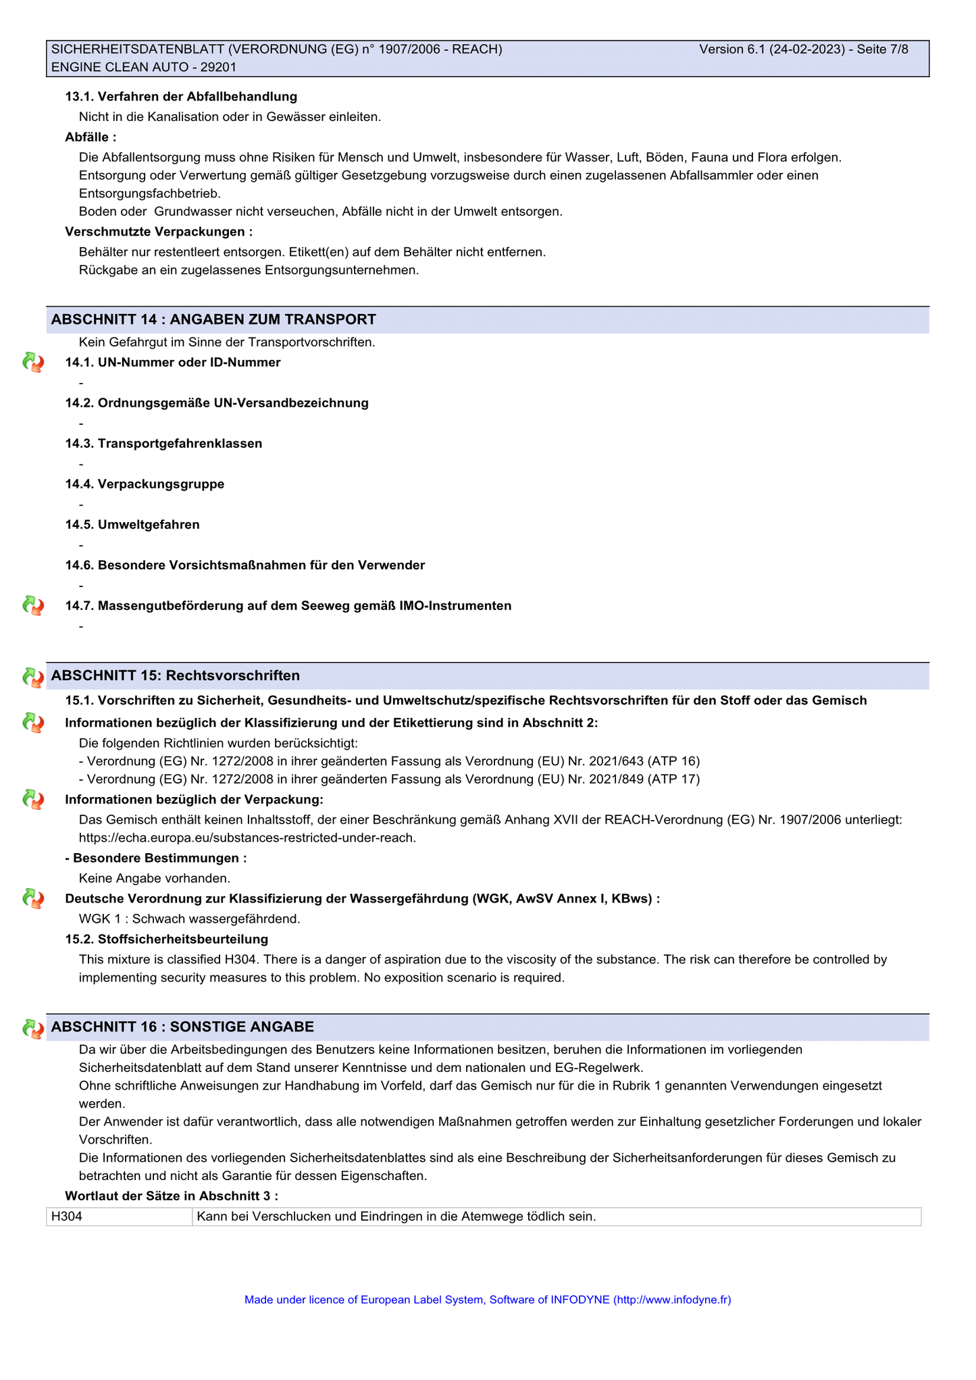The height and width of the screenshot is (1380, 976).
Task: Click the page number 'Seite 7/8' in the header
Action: [882, 49]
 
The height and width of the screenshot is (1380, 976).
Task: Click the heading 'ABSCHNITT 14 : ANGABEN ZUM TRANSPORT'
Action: [213, 320]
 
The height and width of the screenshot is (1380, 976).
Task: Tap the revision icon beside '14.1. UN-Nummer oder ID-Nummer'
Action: [32, 363]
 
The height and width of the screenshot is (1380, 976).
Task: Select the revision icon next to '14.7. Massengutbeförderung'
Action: [32, 606]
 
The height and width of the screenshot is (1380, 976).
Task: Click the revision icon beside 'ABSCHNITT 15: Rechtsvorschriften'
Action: [32, 677]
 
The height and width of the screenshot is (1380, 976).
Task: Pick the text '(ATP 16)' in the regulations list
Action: [673, 761]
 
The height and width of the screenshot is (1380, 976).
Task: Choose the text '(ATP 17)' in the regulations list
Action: [673, 780]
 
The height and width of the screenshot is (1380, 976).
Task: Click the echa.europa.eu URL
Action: [247, 838]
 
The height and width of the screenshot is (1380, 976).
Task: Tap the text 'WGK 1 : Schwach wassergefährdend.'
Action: [189, 919]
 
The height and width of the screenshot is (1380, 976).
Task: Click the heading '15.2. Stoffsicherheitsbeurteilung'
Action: [167, 940]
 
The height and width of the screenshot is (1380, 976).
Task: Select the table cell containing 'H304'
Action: [119, 1217]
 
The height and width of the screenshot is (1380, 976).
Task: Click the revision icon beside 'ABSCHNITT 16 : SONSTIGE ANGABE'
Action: [32, 1028]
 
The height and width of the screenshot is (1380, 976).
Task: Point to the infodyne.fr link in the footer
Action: [671, 1300]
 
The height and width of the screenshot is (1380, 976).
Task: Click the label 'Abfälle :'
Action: [91, 138]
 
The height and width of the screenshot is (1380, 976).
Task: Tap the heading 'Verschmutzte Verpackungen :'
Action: [159, 232]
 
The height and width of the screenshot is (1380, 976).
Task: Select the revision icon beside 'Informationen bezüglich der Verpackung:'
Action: [32, 800]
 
